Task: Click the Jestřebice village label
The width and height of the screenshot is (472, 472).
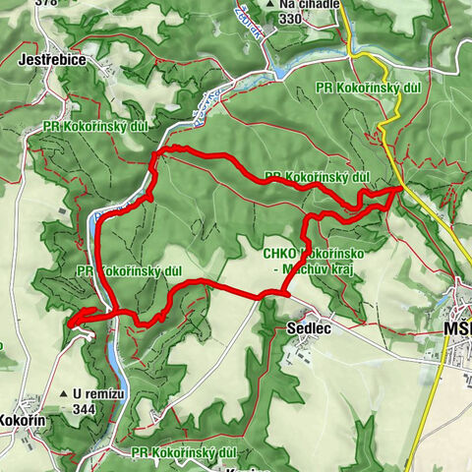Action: [52, 60]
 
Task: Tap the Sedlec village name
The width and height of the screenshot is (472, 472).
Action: [307, 328]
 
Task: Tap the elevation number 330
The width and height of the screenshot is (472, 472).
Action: [290, 18]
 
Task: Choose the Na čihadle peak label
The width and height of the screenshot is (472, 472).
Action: [300, 4]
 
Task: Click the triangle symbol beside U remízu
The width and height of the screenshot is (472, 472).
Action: [63, 393]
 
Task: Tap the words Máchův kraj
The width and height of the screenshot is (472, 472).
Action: [318, 267]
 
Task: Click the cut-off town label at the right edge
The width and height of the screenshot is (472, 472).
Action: [457, 327]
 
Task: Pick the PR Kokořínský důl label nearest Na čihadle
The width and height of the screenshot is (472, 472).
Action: [369, 88]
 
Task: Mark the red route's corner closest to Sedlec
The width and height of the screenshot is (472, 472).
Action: [284, 293]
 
